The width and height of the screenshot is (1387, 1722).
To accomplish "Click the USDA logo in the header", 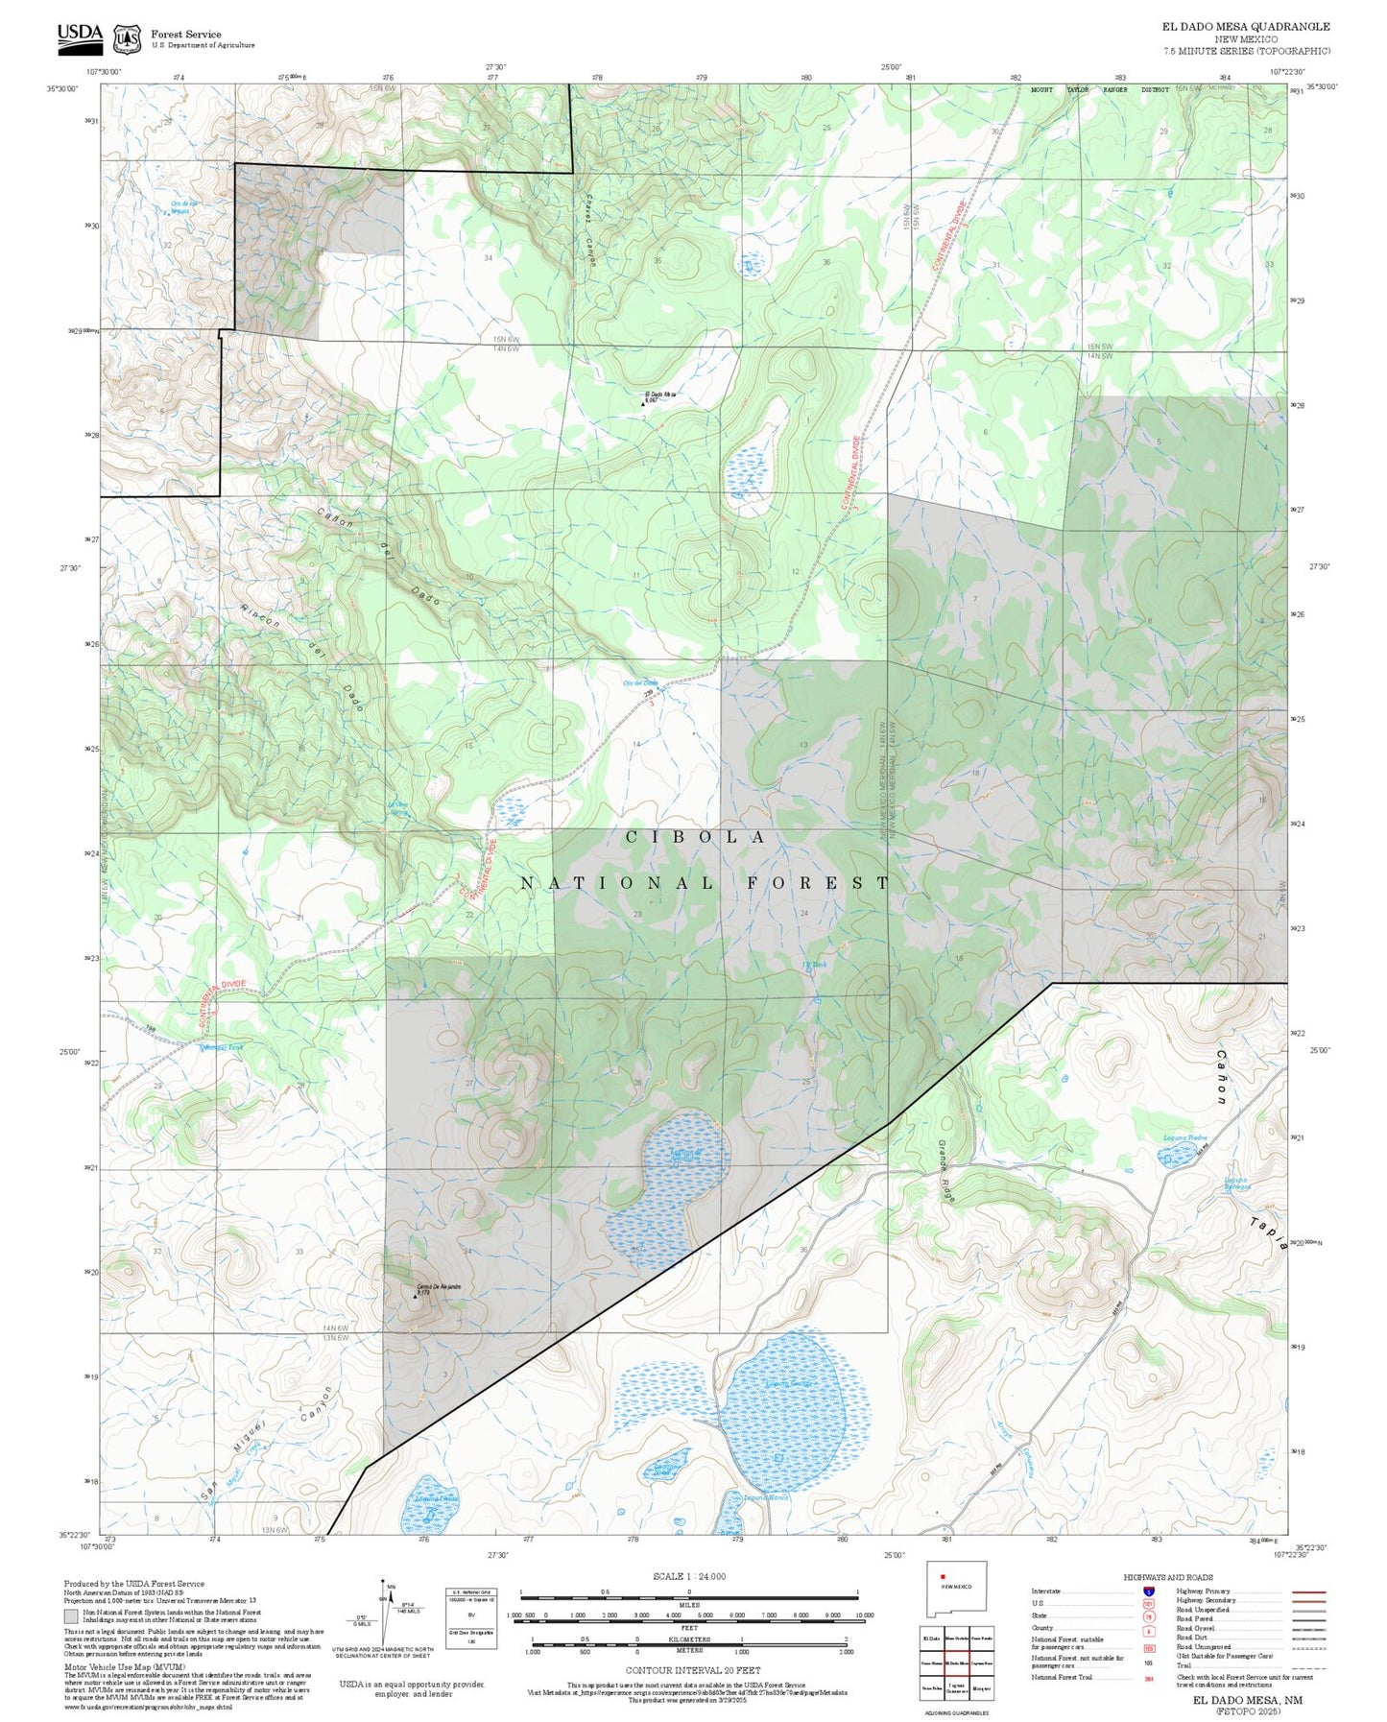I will [x=80, y=36].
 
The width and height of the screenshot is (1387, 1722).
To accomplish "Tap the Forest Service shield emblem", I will [x=126, y=38].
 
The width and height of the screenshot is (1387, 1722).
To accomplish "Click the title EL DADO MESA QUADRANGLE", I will [x=1245, y=27].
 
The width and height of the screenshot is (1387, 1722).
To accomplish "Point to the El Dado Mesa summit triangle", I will [x=643, y=404].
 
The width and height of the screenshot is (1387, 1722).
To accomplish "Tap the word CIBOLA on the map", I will [x=696, y=837].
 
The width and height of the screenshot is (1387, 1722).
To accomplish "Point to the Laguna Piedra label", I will [x=1184, y=1137].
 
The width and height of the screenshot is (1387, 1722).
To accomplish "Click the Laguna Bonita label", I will [x=765, y=1496].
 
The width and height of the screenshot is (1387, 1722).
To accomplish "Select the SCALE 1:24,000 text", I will [x=688, y=1576].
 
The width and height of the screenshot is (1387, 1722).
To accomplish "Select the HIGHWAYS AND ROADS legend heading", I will [x=1168, y=1577].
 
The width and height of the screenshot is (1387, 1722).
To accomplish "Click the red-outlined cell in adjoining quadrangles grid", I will [x=955, y=1662].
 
